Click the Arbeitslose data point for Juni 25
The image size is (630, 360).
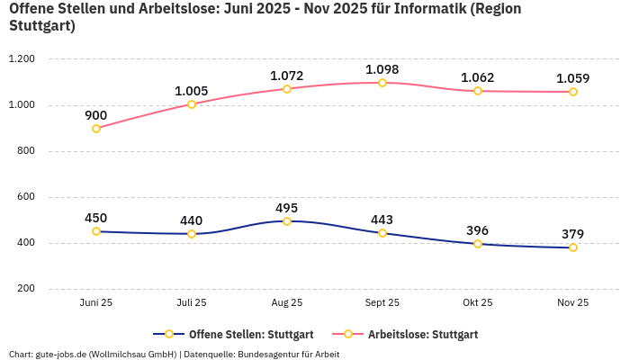[x=96, y=129]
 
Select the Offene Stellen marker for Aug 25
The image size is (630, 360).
[x=287, y=220]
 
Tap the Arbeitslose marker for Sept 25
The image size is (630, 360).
[x=382, y=83]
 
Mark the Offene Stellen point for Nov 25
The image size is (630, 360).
[x=573, y=247]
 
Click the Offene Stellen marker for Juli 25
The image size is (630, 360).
[x=192, y=234]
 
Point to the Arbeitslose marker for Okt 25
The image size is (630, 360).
[x=478, y=91]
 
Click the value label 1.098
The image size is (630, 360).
[x=382, y=69]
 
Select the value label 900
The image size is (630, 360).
[x=96, y=115]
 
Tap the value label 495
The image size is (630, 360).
[x=287, y=207]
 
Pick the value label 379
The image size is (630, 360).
[x=573, y=234]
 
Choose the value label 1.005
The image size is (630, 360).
[x=192, y=91]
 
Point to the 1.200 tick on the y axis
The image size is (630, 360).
[x=21, y=59]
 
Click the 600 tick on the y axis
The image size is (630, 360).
[x=25, y=197]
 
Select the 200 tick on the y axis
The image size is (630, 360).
[x=25, y=289]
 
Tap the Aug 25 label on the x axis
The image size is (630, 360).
[x=287, y=303]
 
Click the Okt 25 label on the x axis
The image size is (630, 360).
[x=478, y=303]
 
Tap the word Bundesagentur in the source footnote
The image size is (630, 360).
[x=269, y=355]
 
